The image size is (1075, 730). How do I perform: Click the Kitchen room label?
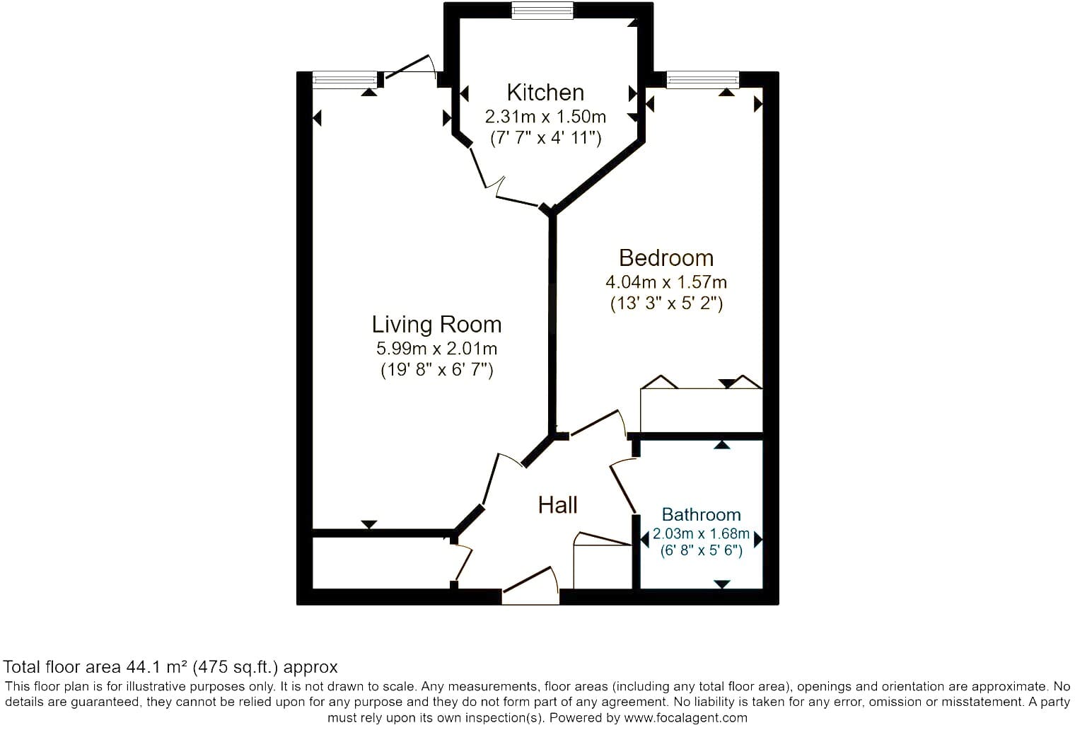[x=545, y=93]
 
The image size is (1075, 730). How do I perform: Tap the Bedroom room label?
[x=666, y=258]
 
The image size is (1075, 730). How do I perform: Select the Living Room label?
[x=437, y=325]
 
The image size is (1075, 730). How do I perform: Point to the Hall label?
[x=557, y=505]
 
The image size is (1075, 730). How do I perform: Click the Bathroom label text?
[x=701, y=514]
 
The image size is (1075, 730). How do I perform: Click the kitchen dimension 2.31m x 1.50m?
[x=545, y=117]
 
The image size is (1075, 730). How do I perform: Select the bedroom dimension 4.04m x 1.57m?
[x=666, y=282]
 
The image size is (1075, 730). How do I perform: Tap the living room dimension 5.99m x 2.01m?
[x=437, y=348]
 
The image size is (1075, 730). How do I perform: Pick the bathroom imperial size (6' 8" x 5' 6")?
[x=701, y=550]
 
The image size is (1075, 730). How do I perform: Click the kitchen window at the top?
[x=542, y=11]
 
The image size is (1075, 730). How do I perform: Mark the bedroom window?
[x=703, y=80]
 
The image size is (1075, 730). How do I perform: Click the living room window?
[x=344, y=80]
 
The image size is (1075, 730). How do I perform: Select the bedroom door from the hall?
[x=599, y=423]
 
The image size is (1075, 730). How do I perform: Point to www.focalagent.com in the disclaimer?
[x=685, y=717]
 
